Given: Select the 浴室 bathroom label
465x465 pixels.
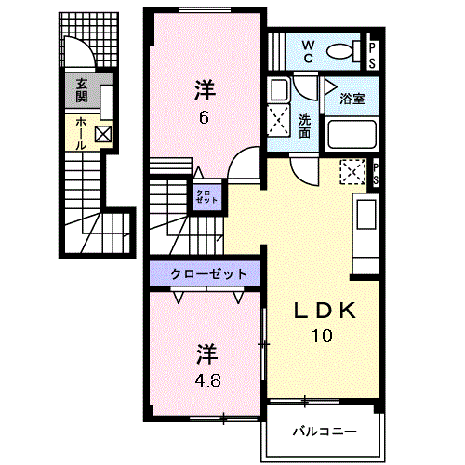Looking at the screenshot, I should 351,98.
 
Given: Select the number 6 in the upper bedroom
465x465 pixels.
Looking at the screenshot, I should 203,117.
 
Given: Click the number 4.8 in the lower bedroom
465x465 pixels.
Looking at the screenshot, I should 207,379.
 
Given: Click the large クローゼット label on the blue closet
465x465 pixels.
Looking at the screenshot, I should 209,273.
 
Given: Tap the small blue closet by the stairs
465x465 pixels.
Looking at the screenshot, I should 206,198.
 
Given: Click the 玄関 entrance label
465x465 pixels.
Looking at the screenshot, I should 82,90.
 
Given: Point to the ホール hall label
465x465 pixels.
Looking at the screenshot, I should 82,134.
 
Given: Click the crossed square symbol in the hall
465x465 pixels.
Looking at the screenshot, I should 102,136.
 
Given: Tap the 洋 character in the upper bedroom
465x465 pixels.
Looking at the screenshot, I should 205,90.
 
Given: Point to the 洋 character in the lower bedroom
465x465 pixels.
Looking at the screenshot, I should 206,354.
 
